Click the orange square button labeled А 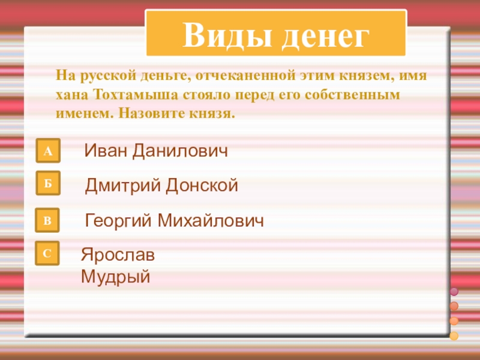tap(48, 152)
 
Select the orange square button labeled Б tap(48, 185)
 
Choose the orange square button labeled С tap(48, 254)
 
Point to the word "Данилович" tap(181, 151)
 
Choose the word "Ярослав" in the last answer tap(118, 254)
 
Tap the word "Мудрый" tap(115, 277)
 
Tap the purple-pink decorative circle tap(454, 292)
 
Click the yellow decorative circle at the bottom tap(454, 335)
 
